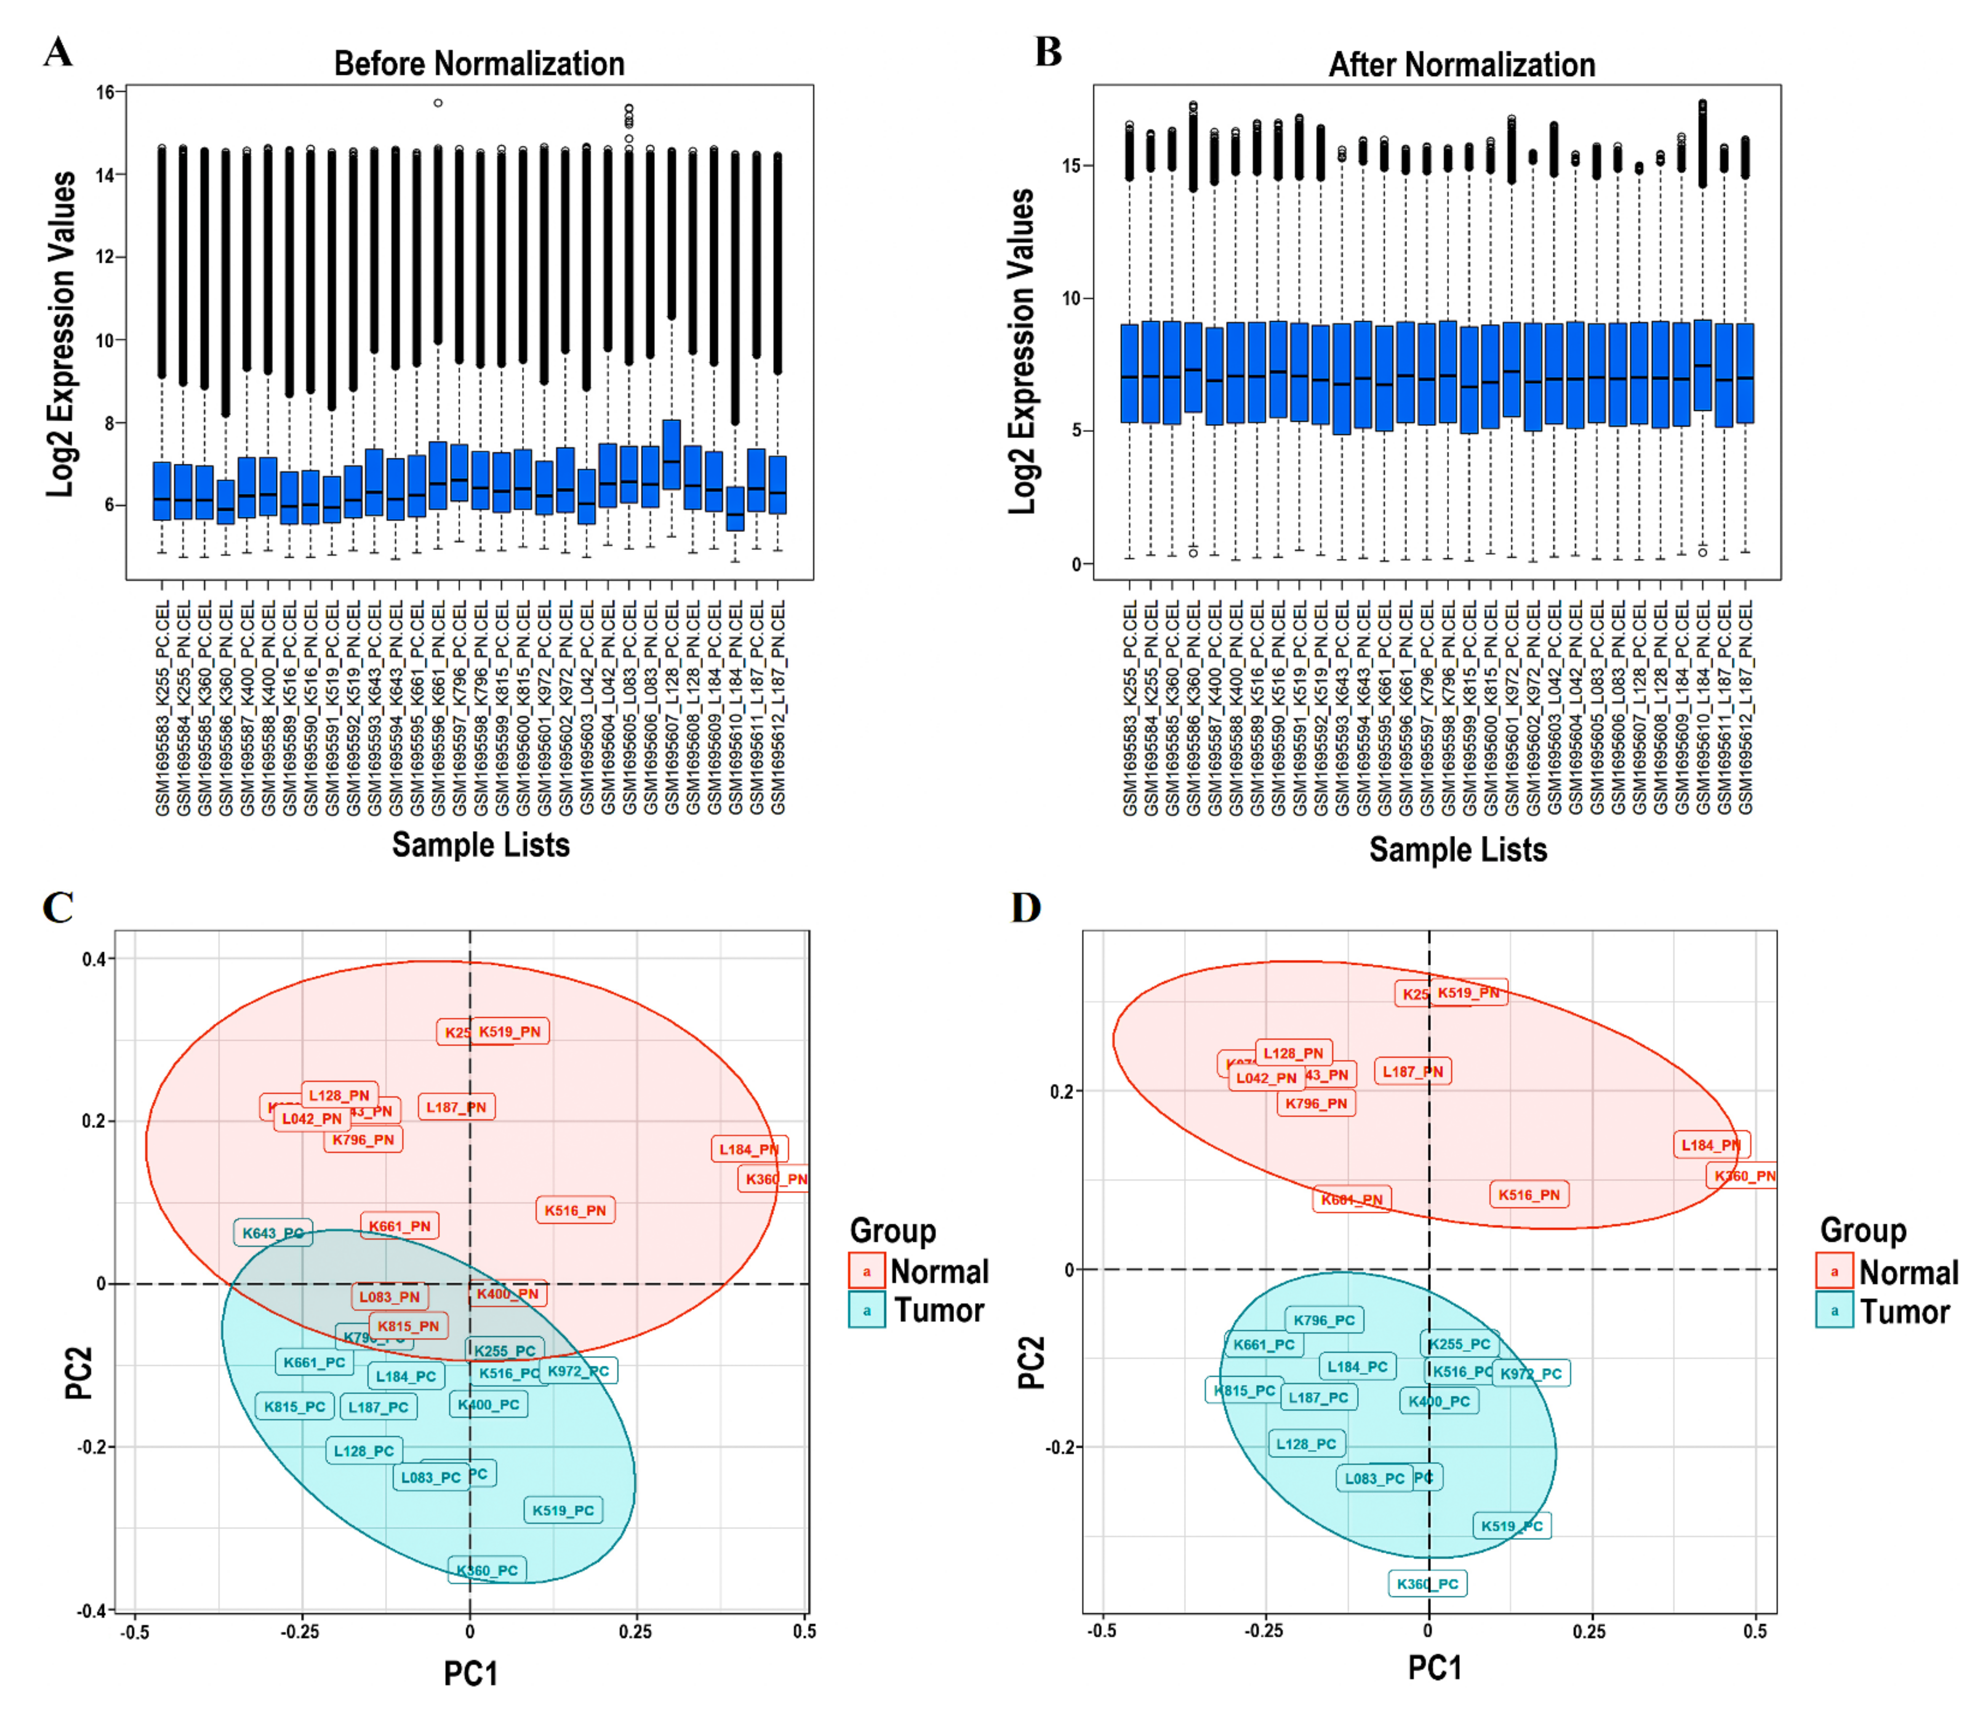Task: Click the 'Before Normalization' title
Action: [x=479, y=64]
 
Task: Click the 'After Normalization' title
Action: [x=1461, y=65]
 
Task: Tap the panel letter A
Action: [x=58, y=51]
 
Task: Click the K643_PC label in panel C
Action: [x=273, y=1232]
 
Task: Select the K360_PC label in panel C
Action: [x=488, y=1570]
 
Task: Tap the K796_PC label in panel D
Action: [x=1324, y=1320]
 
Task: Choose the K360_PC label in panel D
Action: [x=1428, y=1583]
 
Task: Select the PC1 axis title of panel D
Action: [x=1434, y=1667]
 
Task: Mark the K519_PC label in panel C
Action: [x=563, y=1510]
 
